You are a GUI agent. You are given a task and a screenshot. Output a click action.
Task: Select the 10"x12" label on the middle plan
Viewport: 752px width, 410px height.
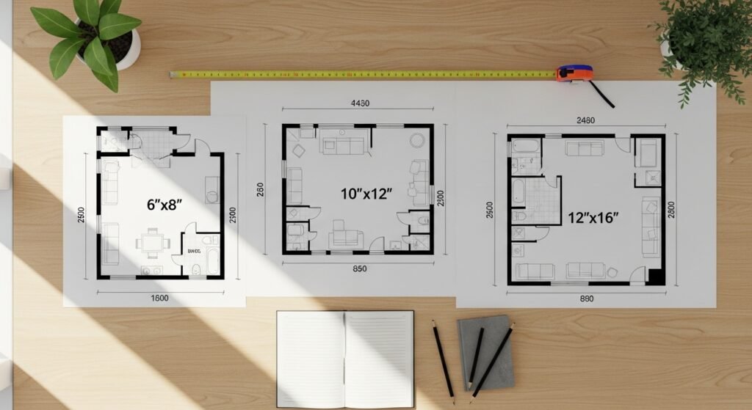pyautogui.click(x=366, y=194)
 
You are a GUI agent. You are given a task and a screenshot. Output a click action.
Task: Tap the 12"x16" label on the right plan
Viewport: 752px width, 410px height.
pyautogui.click(x=593, y=218)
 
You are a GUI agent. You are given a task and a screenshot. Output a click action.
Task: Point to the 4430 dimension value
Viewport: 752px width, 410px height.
pyautogui.click(x=361, y=103)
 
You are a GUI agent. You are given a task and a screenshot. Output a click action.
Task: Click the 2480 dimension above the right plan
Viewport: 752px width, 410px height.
pyautogui.click(x=585, y=121)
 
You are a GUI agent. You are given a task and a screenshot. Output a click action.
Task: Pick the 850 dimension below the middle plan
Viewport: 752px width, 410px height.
pyautogui.click(x=360, y=268)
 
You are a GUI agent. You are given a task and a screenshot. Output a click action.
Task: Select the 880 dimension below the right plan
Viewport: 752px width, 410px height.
pyautogui.click(x=586, y=299)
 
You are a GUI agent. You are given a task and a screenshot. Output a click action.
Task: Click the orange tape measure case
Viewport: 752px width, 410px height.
pyautogui.click(x=574, y=73)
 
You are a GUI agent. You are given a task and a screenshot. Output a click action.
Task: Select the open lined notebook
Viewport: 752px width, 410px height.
pyautogui.click(x=344, y=359)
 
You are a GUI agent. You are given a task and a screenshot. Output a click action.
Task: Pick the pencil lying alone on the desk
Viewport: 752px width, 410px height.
pyautogui.click(x=443, y=361)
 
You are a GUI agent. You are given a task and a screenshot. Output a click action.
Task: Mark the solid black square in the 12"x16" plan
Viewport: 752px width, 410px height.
pyautogui.click(x=656, y=277)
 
